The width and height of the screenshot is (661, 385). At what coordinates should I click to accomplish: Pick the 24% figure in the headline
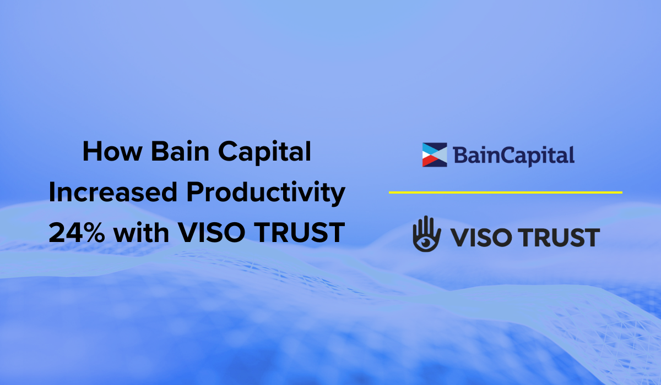[77, 234]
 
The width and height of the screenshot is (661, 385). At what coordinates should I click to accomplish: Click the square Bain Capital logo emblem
[435, 155]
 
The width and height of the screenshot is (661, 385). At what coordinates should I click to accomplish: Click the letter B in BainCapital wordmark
[460, 156]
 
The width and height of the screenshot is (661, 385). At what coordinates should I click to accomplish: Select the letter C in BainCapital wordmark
[510, 156]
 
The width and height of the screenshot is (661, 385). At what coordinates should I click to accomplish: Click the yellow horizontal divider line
[505, 193]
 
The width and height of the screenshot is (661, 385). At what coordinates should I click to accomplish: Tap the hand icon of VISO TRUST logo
[426, 234]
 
